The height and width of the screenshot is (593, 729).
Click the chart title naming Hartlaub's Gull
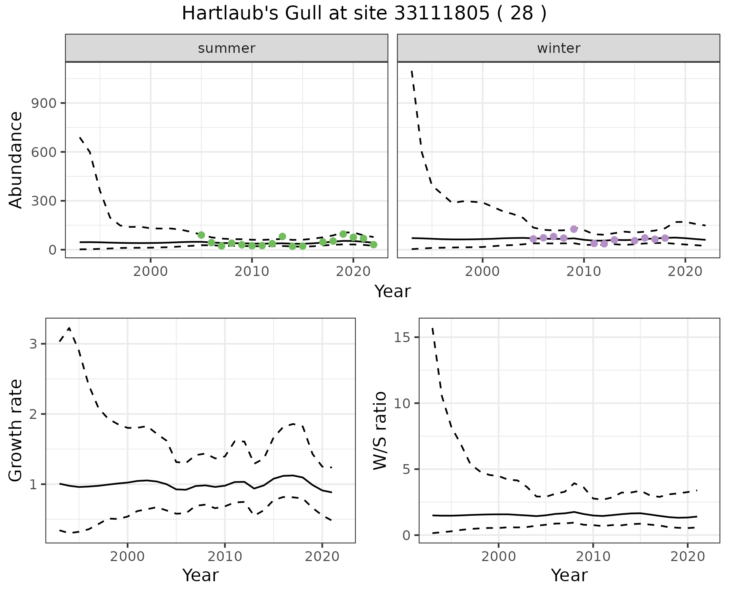364,14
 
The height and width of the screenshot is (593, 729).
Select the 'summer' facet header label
227,48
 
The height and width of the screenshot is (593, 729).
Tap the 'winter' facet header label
559,48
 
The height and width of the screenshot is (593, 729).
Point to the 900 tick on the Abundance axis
43,103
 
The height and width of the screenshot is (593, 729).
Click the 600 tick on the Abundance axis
43,152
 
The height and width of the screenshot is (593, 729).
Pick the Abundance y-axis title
16,160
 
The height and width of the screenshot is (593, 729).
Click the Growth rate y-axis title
16,430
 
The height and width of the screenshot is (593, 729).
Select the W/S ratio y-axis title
380,430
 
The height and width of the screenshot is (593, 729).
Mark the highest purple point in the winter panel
574,229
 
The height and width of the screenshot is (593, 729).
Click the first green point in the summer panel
201,235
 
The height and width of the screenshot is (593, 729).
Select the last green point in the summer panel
374,244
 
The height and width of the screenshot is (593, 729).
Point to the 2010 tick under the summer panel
252,272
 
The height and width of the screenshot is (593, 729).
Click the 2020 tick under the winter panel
685,272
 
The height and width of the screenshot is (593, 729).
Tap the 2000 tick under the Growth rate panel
128,557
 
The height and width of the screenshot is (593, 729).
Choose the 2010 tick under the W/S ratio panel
593,557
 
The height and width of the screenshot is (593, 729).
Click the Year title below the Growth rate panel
200,576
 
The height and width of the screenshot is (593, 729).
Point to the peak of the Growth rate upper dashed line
69,328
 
